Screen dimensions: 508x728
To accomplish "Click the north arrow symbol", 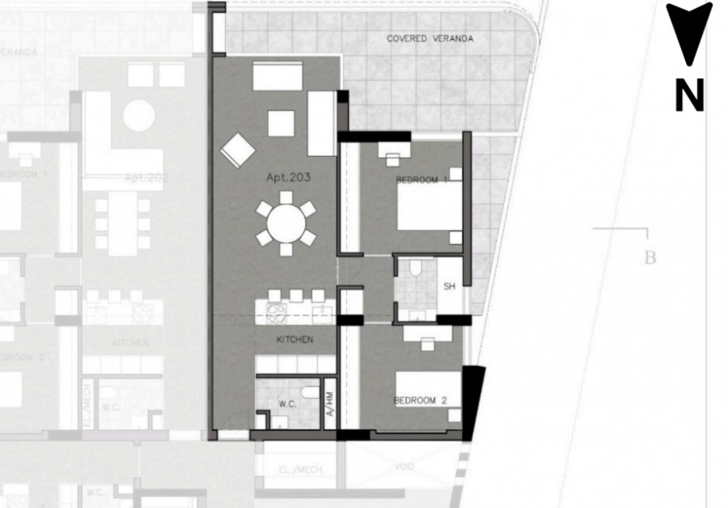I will coord(689,32).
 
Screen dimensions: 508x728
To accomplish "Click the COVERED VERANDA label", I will coord(430,38).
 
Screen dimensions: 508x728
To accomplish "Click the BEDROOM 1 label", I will coord(421,180).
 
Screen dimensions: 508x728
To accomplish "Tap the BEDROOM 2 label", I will coord(421,400).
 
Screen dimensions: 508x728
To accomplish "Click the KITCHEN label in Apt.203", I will coord(294,340).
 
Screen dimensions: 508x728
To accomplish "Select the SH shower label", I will coord(450,287).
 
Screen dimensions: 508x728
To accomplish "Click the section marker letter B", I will coord(649,259).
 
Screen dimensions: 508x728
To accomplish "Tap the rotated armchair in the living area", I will coord(238,150).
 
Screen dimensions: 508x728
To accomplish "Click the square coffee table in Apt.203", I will coord(281,123).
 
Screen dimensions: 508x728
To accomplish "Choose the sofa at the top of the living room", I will coord(277,76).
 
